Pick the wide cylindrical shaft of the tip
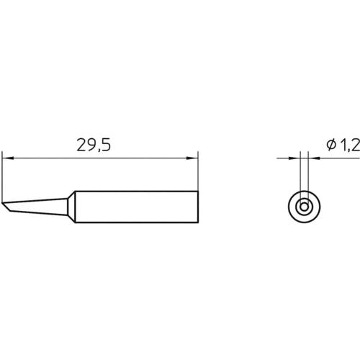137,207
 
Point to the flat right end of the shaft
197,207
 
